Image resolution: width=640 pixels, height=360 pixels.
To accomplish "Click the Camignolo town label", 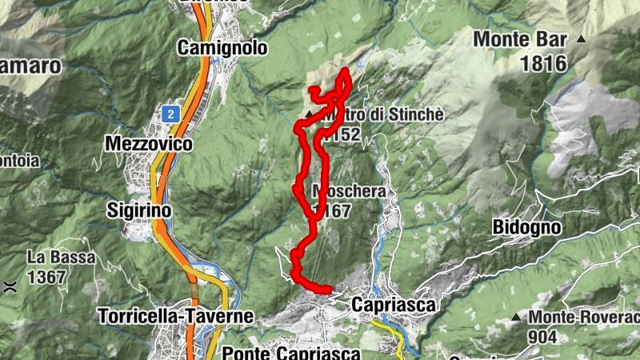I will click(x=222, y=48).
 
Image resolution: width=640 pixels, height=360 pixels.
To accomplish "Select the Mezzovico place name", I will click(x=149, y=144).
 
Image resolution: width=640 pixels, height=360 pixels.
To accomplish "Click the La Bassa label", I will click(x=61, y=258).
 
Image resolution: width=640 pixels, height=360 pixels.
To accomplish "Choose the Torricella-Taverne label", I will click(x=175, y=316).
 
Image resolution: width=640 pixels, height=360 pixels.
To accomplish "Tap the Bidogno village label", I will click(x=526, y=227).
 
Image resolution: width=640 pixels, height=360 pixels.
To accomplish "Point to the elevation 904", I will click(x=542, y=337).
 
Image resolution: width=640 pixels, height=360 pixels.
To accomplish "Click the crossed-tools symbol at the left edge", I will click(x=9, y=286).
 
